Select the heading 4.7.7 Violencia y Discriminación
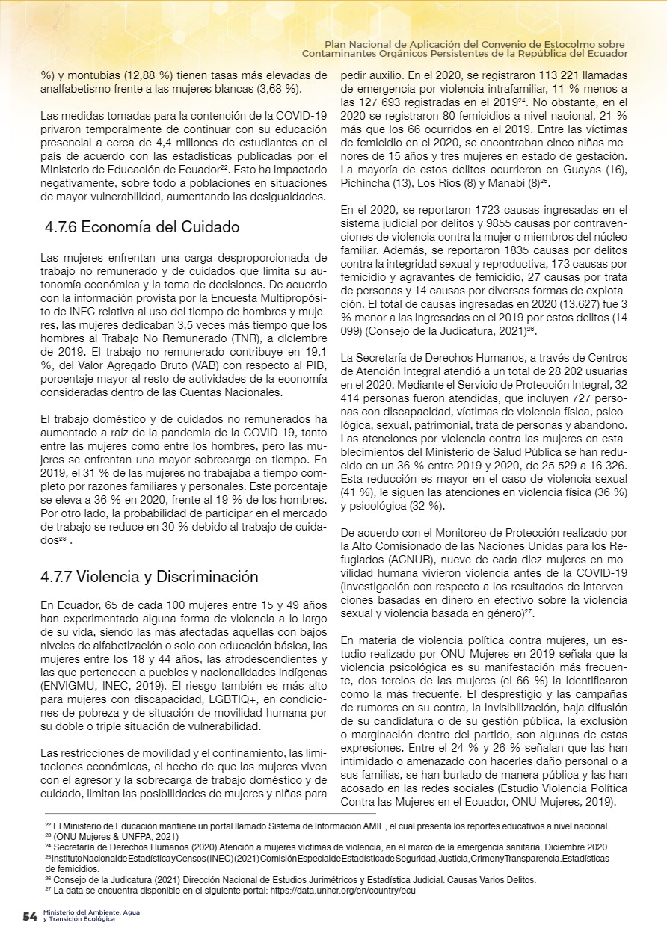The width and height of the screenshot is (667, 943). pyautogui.click(x=150, y=576)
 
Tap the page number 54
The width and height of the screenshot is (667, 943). pyautogui.click(x=30, y=917)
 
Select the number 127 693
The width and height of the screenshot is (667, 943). pyautogui.click(x=391, y=102)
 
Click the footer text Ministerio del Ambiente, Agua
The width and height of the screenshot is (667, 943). pyautogui.click(x=90, y=912)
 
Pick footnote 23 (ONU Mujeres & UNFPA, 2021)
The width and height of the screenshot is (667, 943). pyautogui.click(x=111, y=836)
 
